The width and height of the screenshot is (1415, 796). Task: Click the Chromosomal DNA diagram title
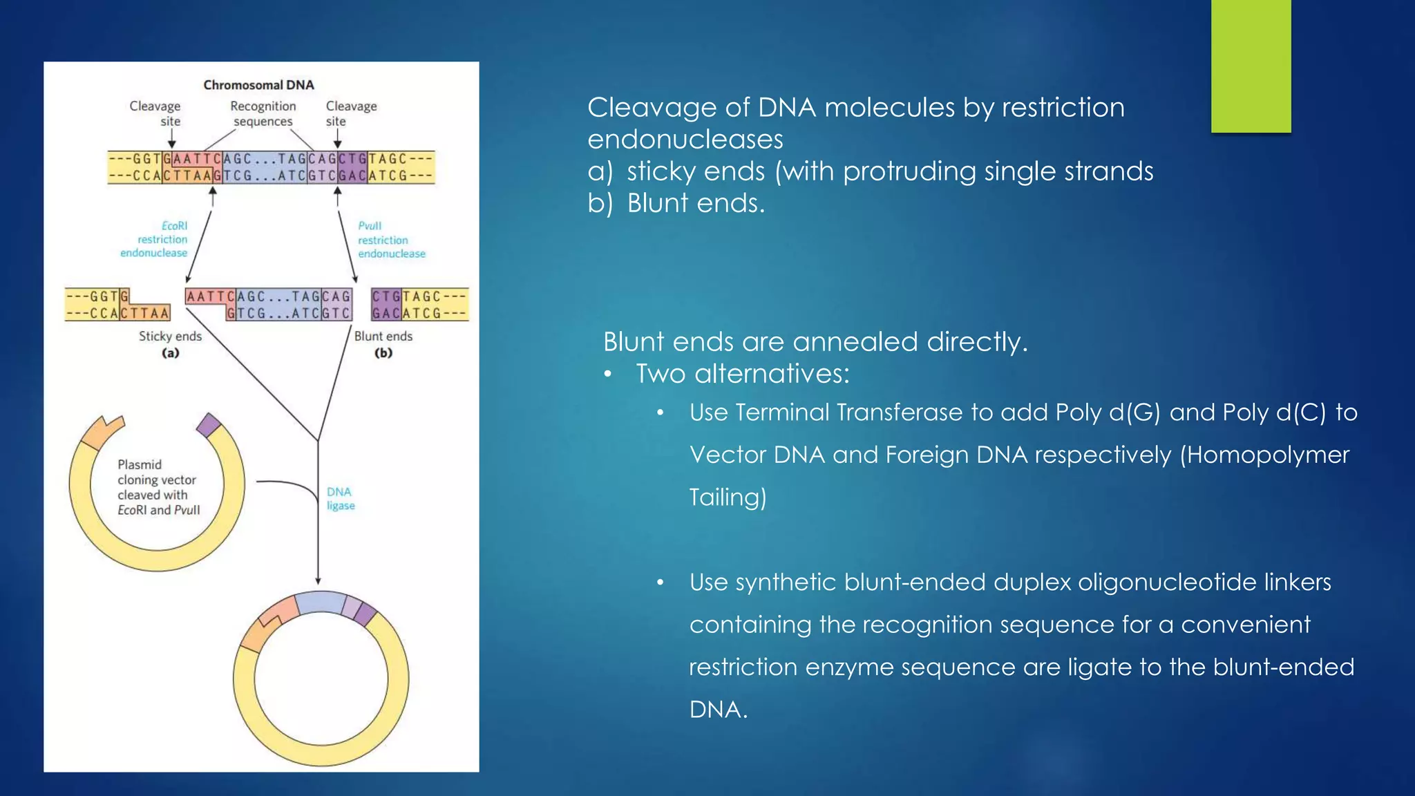(x=258, y=85)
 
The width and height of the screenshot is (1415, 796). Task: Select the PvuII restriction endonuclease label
(x=390, y=240)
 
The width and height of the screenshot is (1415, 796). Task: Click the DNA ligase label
(x=340, y=498)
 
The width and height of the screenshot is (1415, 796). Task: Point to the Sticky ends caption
(x=170, y=337)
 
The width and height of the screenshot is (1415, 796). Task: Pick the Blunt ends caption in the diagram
(x=383, y=337)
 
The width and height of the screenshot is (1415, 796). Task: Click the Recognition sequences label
(x=263, y=114)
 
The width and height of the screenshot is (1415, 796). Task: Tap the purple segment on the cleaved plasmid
(x=208, y=424)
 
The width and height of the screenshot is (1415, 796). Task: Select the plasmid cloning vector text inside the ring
(x=158, y=487)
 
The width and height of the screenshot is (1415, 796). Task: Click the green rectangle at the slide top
(x=1251, y=66)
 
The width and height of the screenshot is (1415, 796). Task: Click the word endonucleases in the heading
(x=685, y=140)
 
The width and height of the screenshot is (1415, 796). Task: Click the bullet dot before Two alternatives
(x=608, y=375)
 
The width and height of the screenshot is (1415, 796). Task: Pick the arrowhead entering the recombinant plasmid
(x=318, y=580)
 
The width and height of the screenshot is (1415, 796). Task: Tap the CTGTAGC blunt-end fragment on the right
(x=419, y=305)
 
